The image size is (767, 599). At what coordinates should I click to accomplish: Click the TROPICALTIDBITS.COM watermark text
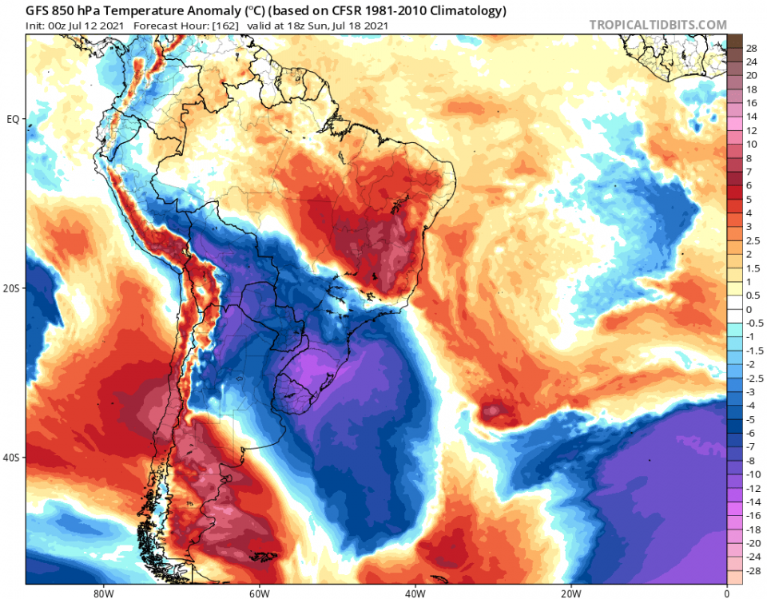(658, 26)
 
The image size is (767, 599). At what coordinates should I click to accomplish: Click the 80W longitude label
(101, 593)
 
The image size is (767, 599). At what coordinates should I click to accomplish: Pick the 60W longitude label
(258, 593)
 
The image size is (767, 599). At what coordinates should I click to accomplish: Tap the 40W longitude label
(414, 593)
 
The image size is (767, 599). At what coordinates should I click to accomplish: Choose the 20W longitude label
(570, 593)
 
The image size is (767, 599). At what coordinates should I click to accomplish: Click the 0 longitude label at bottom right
(726, 593)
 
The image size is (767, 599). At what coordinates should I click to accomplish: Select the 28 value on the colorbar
(751, 48)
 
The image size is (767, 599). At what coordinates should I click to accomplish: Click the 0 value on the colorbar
(749, 310)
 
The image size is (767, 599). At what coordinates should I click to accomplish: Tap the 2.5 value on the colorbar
(752, 240)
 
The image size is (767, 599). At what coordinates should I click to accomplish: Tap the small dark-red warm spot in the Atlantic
(493, 411)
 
